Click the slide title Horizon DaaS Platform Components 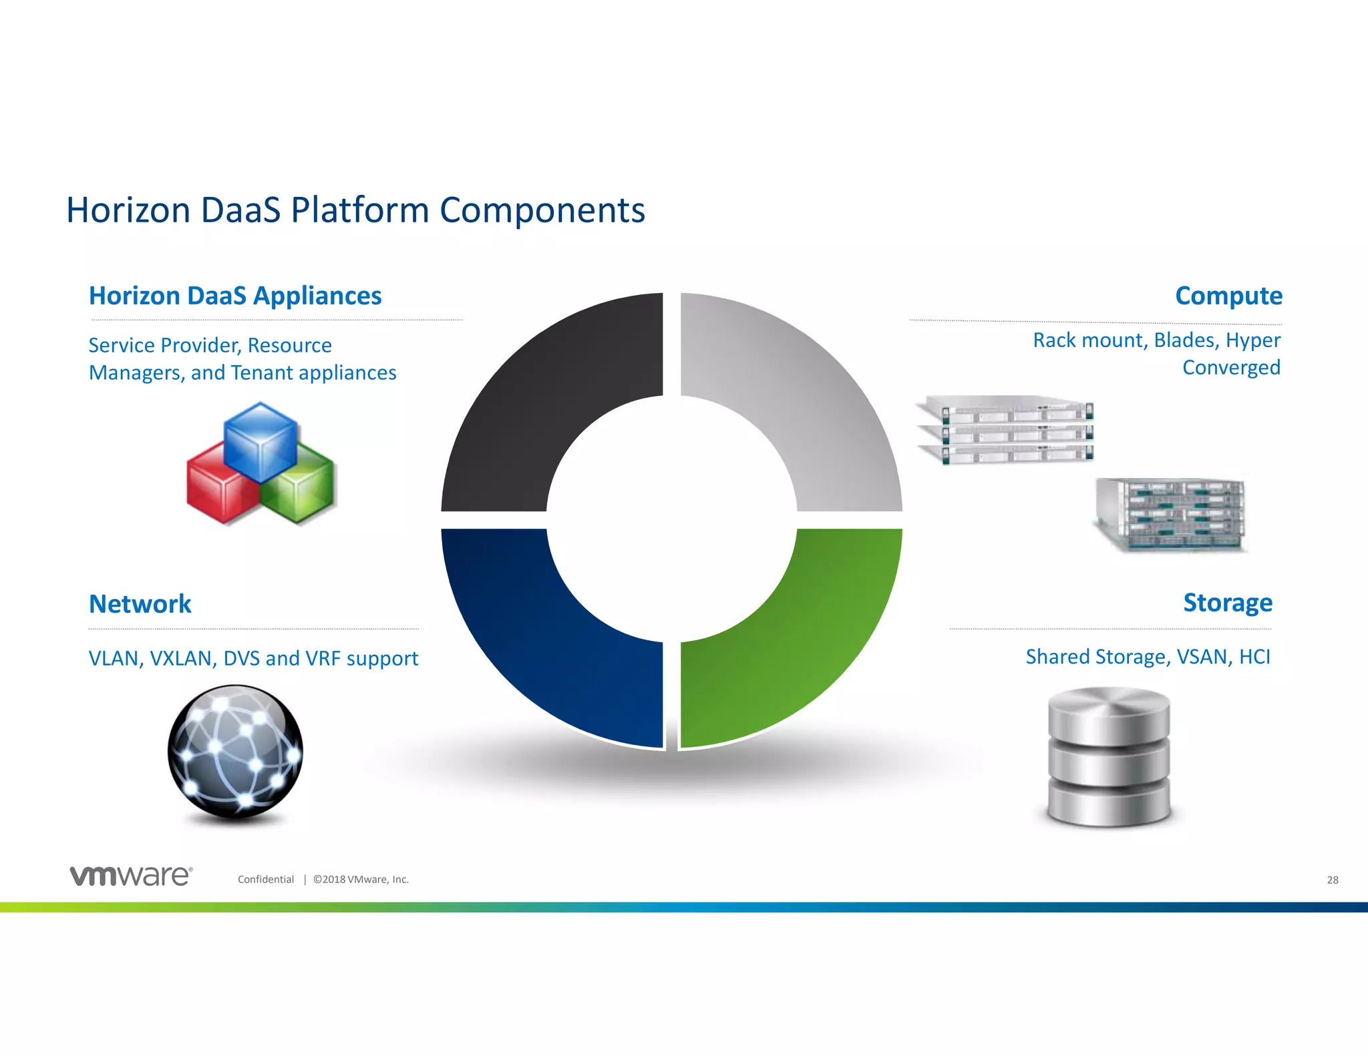pos(355,210)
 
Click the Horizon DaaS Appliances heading pos(235,296)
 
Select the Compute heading pos(1228,296)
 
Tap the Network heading pos(140,604)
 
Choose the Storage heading pos(1227,603)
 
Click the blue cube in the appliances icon pos(261,441)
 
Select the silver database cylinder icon pos(1109,758)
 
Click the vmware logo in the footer pos(131,876)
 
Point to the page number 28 pos(1332,880)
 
